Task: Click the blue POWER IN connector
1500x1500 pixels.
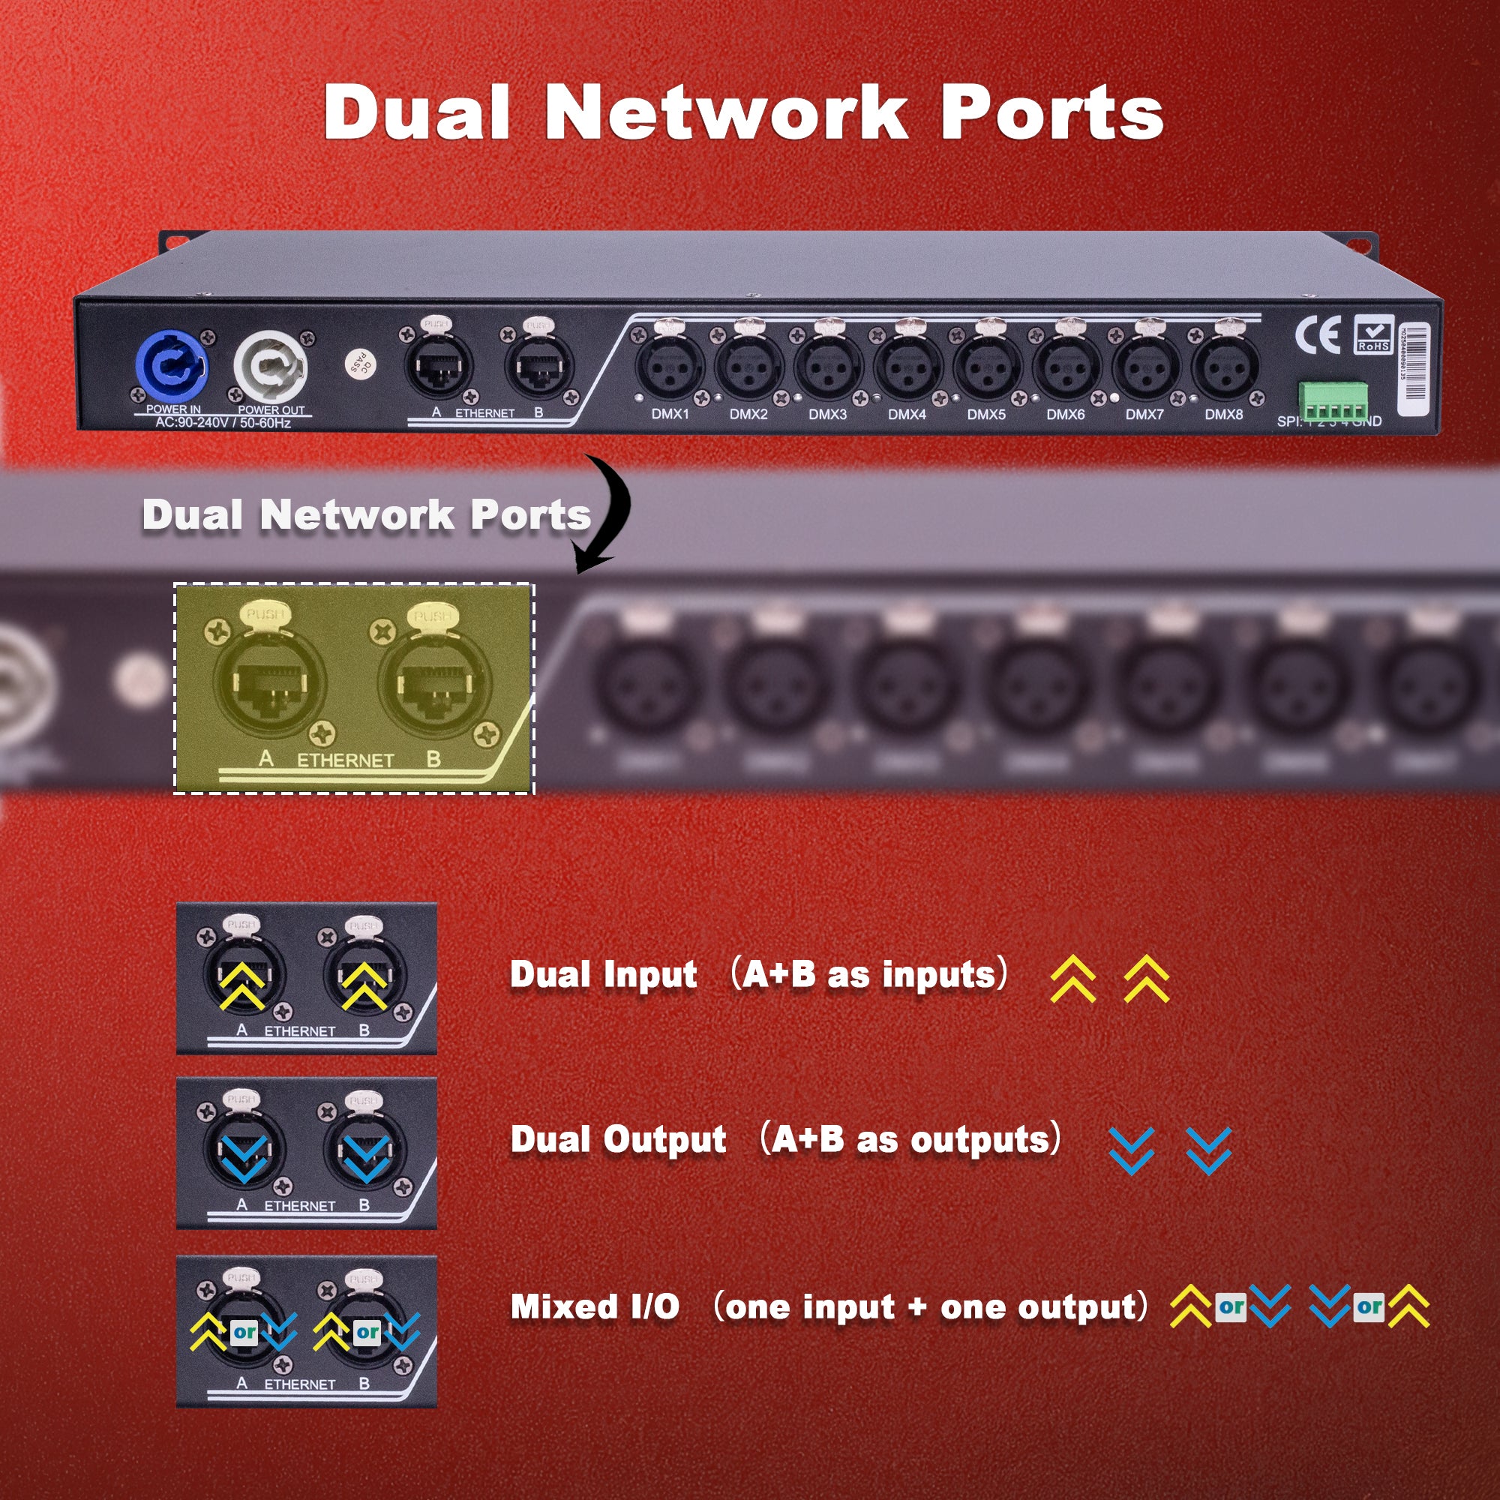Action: [x=172, y=364]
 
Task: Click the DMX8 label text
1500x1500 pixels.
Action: [x=1223, y=415]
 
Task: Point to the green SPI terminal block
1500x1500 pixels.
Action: [x=1332, y=401]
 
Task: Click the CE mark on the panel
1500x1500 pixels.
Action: [x=1318, y=335]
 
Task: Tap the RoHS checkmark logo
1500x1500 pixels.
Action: [x=1373, y=334]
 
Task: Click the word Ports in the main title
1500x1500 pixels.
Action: [x=1051, y=113]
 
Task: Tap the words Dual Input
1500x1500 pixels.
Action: [x=603, y=974]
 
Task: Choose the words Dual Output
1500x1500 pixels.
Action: [x=618, y=1140]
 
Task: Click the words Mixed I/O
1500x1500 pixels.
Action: [x=595, y=1306]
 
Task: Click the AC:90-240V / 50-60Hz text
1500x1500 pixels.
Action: [x=223, y=423]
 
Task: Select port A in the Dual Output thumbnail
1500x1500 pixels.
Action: [x=244, y=1150]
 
